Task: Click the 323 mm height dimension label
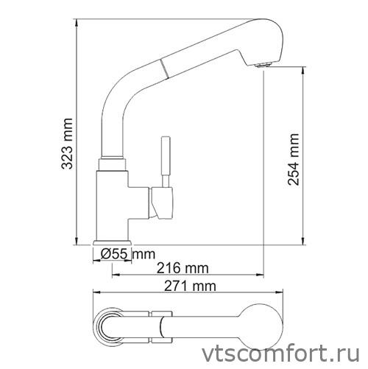68,146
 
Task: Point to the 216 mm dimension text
182,267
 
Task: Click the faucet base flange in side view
113,244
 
